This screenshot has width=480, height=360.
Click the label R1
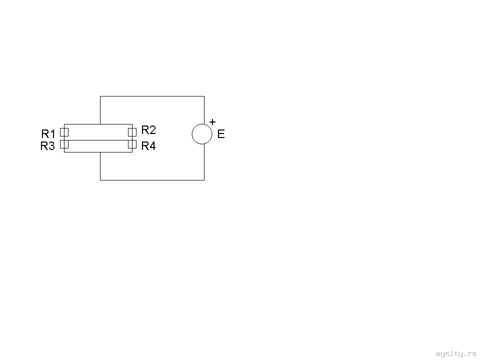pos(48,134)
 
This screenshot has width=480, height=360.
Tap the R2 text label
pos(148,130)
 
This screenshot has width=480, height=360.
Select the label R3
pos(47,146)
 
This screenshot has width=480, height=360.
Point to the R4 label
pos(148,146)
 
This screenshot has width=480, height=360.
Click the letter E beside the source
pos(221,134)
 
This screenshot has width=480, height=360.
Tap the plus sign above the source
pos(212,122)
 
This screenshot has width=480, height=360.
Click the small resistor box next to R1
pos(64,132)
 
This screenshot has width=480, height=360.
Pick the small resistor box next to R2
pos(132,132)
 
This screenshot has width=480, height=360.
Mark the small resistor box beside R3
pos(64,144)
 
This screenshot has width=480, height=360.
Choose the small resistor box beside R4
pos(132,144)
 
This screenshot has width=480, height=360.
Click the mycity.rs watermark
pos(456,354)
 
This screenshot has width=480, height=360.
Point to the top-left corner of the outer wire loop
pos(100,96)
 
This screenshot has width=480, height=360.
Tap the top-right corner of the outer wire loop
pos(204,96)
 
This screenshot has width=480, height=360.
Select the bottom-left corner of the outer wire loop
pos(100,180)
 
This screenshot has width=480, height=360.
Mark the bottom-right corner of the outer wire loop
pos(204,180)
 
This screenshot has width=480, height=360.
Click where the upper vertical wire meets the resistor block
pos(100,124)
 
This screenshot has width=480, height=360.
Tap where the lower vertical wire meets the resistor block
pos(100,152)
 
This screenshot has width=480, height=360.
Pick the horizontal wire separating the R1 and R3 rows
pos(98,140)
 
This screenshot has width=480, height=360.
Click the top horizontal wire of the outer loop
pos(152,96)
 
